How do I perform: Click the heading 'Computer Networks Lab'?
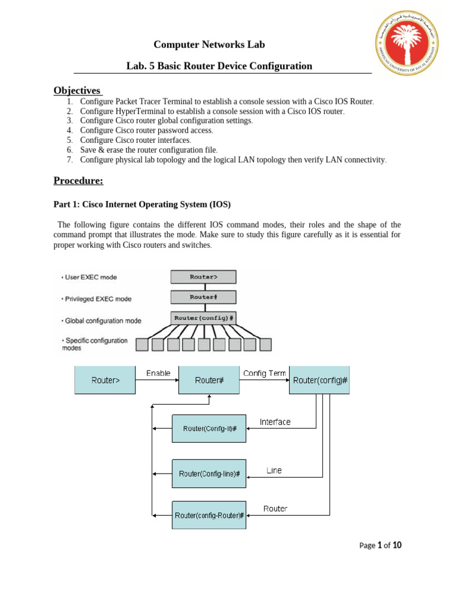209,44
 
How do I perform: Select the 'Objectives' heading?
78,90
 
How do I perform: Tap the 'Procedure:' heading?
78,180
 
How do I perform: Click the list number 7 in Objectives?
69,160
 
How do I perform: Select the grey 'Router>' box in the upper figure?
203,277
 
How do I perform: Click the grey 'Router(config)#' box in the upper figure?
203,318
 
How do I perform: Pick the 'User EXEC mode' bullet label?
91,277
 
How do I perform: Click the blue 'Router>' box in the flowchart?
105,380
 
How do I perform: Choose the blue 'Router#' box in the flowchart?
209,380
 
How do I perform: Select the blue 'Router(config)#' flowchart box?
320,380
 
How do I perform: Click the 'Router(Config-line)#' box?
209,474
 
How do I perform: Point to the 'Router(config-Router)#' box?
209,515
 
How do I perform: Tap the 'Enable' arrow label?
158,373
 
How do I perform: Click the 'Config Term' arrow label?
265,373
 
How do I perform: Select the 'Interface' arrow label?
275,422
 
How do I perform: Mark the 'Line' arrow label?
274,471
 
